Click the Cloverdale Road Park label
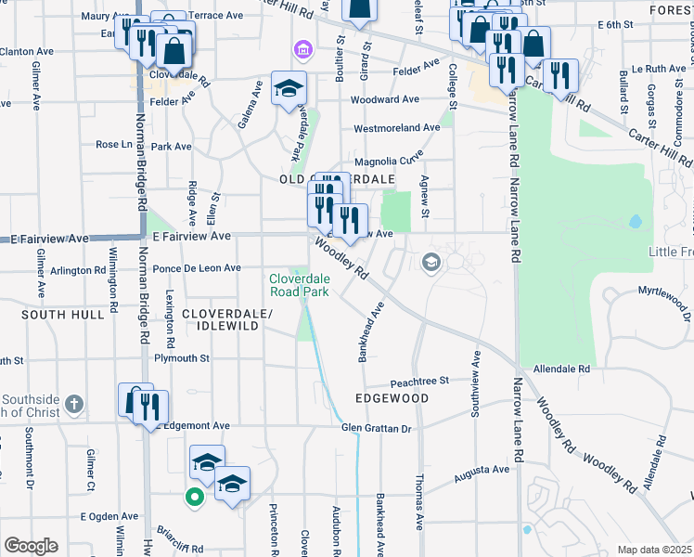point(300,284)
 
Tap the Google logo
point(30,546)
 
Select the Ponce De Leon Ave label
point(197,268)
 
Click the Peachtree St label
point(418,381)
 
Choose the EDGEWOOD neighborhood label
point(392,398)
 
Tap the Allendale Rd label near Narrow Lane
point(559,369)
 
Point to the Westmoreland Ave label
point(396,127)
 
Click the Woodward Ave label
point(385,99)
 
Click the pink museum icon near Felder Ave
point(301,48)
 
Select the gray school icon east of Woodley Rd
point(431,263)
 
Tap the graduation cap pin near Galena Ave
point(289,88)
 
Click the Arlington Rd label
point(79,270)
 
